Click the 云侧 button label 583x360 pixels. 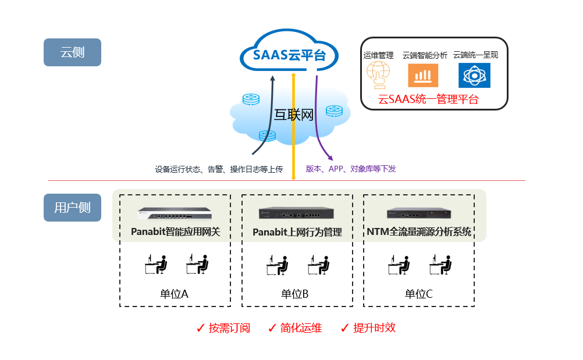tap(72, 52)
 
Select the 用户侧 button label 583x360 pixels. tap(72, 208)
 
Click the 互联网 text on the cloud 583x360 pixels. tap(293, 115)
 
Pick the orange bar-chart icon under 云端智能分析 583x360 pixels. tap(423, 76)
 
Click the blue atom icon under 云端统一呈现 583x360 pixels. tap(474, 76)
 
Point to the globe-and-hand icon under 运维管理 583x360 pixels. tap(378, 76)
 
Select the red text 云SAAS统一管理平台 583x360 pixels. tap(428, 99)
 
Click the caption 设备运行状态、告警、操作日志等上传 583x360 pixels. tap(218, 169)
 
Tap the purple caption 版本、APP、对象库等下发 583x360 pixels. tap(351, 169)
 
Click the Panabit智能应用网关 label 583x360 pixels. tap(176, 232)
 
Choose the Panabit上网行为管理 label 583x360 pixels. tap(297, 232)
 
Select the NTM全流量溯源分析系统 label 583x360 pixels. tap(419, 231)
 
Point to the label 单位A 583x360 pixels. tap(174, 294)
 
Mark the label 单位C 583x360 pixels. tap(419, 294)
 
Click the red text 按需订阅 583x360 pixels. tap(229, 328)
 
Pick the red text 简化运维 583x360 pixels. tap(301, 328)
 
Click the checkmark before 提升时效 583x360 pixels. tap(344, 328)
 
